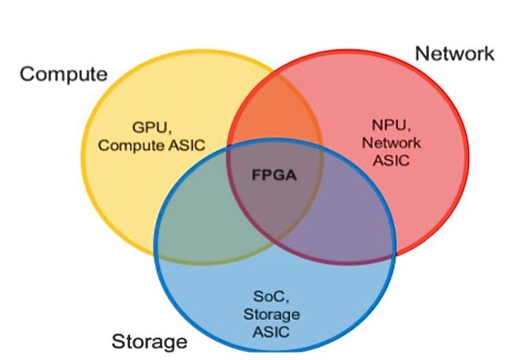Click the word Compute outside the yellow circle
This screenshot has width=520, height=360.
(64, 74)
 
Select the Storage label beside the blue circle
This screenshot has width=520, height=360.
(149, 341)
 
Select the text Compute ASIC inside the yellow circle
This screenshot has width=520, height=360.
(152, 145)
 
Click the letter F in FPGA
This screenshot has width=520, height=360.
(254, 176)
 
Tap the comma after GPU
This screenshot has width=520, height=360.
(170, 132)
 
